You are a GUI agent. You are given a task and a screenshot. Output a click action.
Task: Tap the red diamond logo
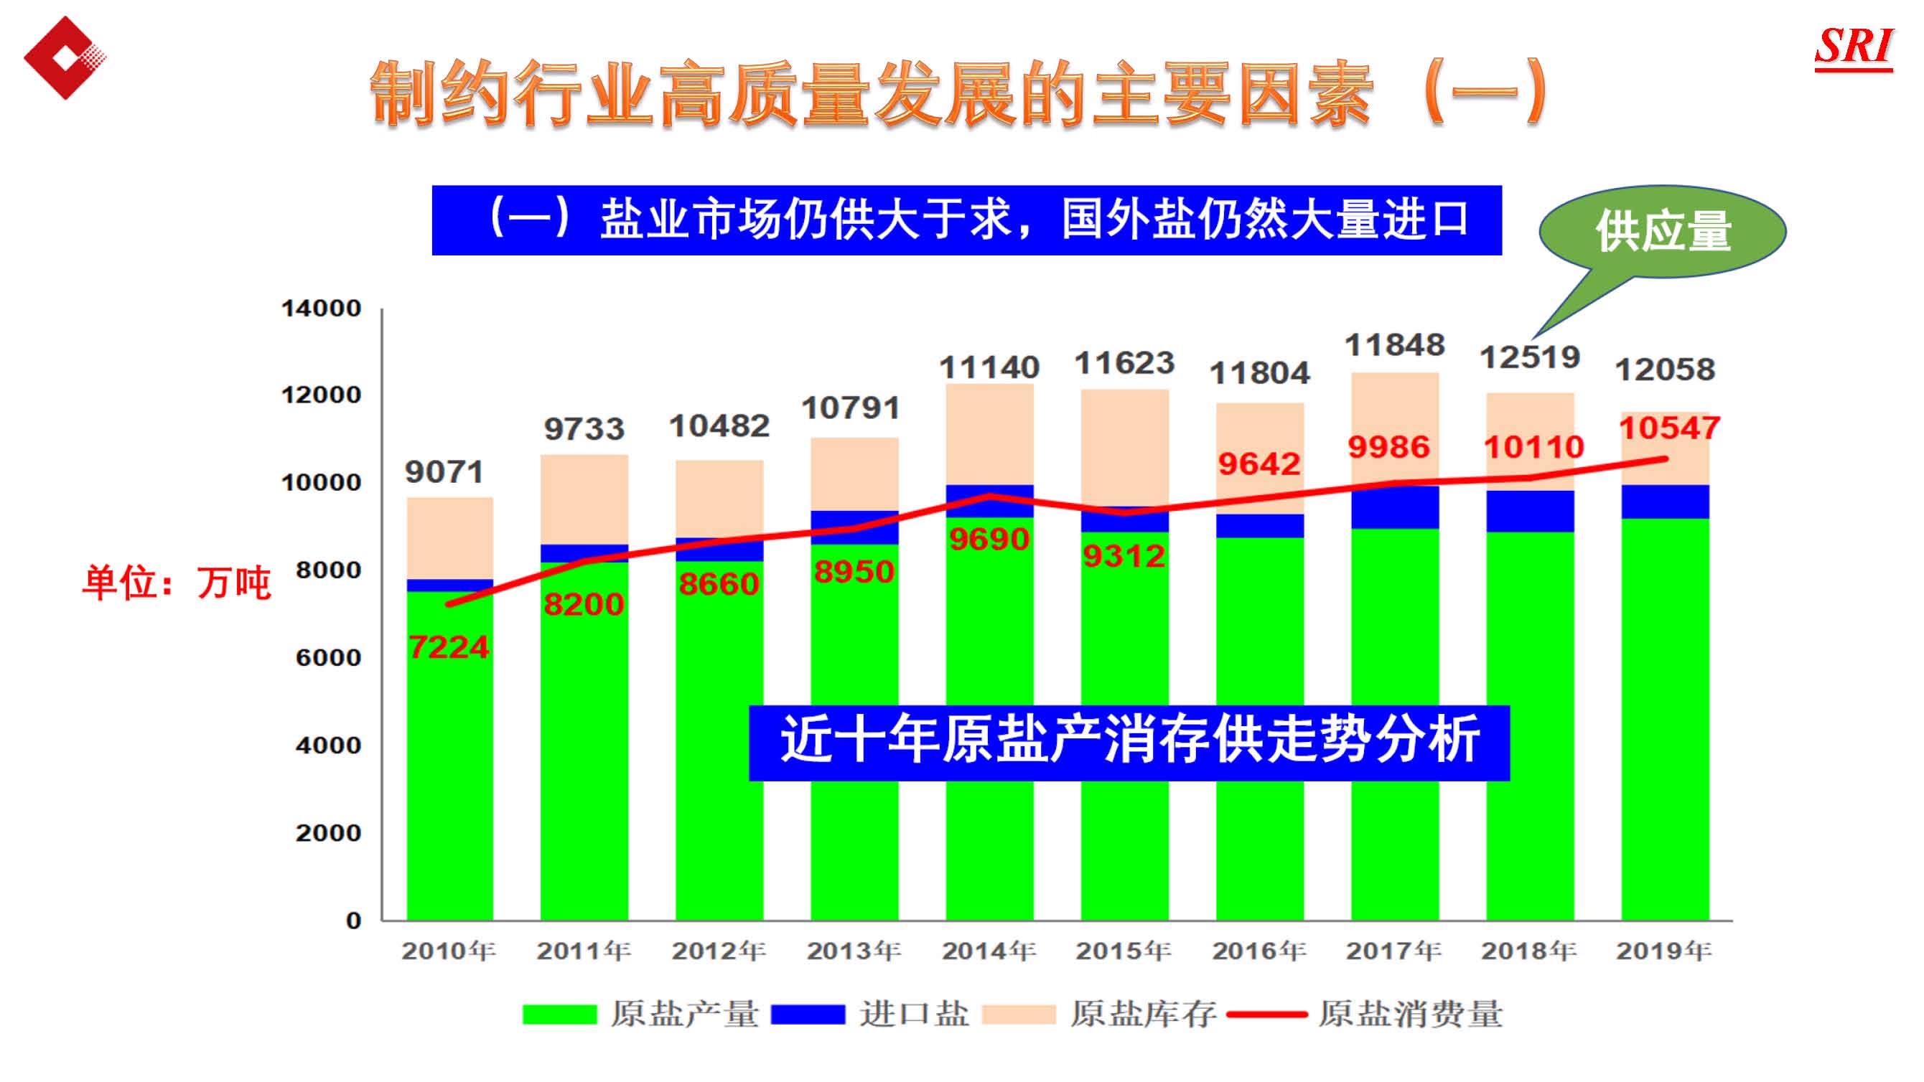64,57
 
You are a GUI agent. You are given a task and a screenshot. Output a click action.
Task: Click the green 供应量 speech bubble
1663,232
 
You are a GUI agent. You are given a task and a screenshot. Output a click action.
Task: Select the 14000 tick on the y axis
321,309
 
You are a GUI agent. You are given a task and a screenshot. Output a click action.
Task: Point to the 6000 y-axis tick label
329,658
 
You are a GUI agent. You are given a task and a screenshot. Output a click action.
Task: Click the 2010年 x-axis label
449,951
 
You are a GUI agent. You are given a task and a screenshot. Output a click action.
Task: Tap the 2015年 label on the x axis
1124,951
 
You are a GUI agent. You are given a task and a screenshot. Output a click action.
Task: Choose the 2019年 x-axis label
1664,951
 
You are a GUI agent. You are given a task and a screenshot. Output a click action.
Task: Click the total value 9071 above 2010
444,472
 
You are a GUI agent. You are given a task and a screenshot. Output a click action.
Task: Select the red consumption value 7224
449,646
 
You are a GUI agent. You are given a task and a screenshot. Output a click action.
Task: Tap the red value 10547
1669,428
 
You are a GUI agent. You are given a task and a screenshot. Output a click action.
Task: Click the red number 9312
1124,555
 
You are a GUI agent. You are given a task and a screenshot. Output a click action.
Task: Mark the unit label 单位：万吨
177,583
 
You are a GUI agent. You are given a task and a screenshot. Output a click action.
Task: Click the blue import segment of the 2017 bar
1394,507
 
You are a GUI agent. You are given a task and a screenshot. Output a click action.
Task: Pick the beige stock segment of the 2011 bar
584,499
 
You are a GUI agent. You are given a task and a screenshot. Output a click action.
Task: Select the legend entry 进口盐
870,1014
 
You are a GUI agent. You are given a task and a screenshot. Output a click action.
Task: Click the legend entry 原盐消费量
1365,1014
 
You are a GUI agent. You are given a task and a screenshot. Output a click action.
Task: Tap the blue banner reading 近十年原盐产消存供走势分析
1129,742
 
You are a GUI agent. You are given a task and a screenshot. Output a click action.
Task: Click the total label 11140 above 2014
989,367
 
